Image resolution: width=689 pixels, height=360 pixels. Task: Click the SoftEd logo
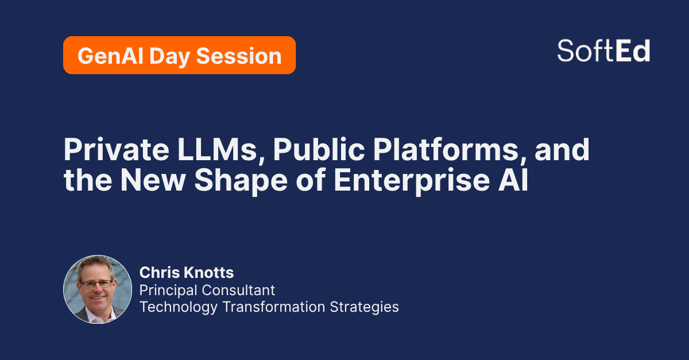603,51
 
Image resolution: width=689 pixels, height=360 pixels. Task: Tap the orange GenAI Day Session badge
179,55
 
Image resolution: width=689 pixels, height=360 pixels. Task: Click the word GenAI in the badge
110,56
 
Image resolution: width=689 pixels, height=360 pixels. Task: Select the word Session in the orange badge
239,56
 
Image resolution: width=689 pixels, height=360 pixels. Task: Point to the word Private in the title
116,149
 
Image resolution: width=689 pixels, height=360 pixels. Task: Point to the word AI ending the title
513,180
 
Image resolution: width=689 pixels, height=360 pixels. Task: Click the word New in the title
153,180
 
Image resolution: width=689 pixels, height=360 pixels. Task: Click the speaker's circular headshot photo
98,289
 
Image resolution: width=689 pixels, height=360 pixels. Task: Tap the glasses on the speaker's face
96,284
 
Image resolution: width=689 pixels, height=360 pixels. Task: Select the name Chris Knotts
187,273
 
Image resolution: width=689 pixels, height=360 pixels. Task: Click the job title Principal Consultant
207,290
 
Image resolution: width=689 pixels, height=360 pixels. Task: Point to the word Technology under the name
179,307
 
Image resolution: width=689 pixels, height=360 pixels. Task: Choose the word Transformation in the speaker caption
274,307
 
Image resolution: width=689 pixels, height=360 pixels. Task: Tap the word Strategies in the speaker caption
364,307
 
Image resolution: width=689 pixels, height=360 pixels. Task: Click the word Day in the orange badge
169,57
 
